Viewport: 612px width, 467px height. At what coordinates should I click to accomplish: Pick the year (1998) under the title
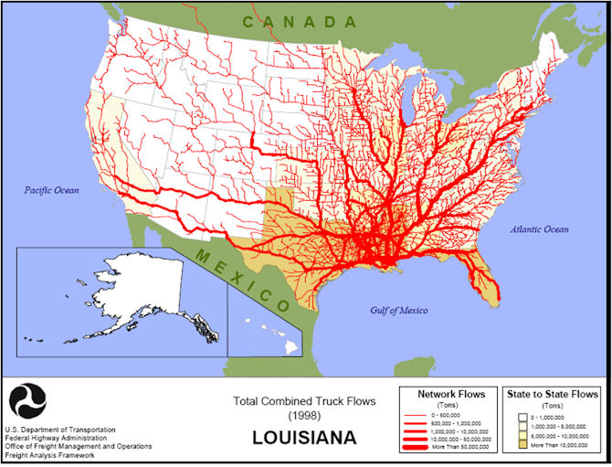point(303,417)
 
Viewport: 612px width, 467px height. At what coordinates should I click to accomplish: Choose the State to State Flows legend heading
point(552,394)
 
